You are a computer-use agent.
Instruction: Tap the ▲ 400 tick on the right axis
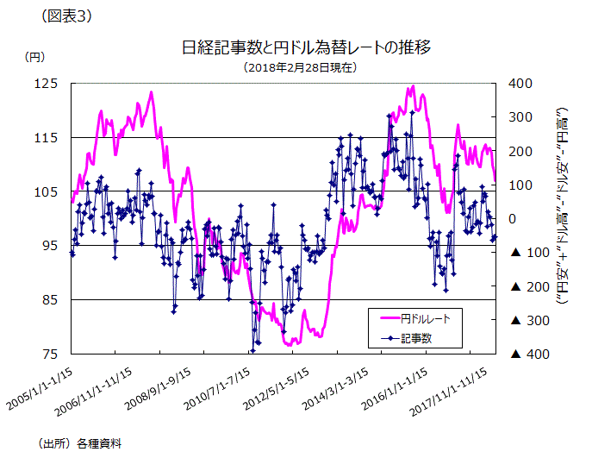524,354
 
